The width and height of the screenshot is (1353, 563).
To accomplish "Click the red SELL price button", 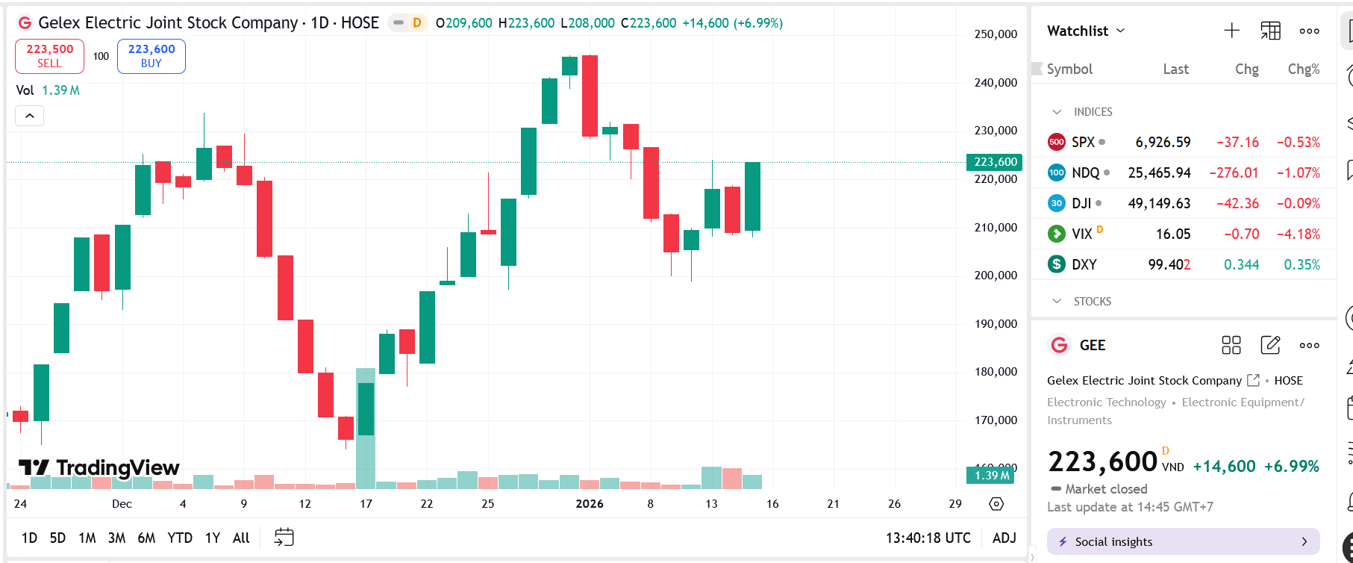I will (x=49, y=56).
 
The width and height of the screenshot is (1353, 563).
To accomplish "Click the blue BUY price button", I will (x=151, y=56).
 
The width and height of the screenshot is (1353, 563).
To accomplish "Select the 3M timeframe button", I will (x=116, y=538).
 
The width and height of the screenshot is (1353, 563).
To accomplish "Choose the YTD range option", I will (x=179, y=538).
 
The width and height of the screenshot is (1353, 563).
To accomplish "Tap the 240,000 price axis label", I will (x=996, y=83).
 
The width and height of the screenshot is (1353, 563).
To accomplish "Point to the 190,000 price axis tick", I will (x=996, y=324).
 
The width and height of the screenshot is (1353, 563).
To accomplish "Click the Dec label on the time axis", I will (x=122, y=504).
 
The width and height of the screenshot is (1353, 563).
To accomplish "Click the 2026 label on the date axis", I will (x=590, y=504).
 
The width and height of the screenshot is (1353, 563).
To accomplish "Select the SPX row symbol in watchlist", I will (x=1083, y=142).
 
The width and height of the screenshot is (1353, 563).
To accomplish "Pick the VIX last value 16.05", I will (x=1172, y=234).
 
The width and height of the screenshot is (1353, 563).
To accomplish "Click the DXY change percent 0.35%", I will (x=1302, y=264).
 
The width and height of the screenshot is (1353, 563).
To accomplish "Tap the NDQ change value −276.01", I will (x=1237, y=172).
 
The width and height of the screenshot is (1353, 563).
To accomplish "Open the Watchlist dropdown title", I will (x=1086, y=31).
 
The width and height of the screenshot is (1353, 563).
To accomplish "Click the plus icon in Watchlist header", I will (x=1231, y=31).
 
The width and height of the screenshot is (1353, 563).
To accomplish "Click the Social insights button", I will (x=1183, y=541).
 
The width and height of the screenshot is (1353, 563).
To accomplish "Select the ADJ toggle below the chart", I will (x=1004, y=538).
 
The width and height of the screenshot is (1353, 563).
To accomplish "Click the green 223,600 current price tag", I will (x=995, y=162).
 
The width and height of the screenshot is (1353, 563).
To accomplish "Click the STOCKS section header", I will (x=1092, y=302).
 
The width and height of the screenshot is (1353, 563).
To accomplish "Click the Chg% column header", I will (x=1303, y=69).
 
